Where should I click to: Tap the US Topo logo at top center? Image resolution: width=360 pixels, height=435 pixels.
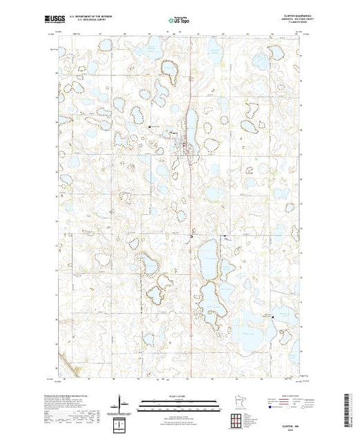179,21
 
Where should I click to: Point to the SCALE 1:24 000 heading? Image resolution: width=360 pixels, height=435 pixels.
179,395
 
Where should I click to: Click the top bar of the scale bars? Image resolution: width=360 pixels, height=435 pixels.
179,401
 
